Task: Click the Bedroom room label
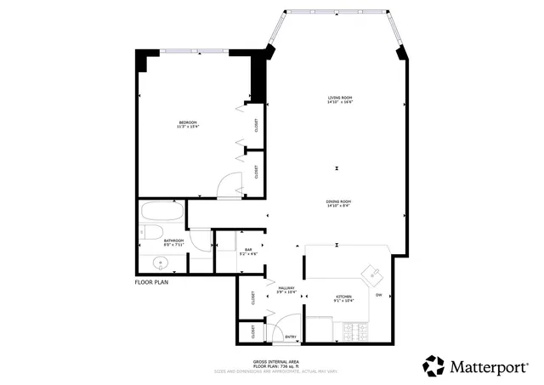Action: click(x=187, y=125)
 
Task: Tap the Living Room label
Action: click(x=339, y=100)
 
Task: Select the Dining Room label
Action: click(x=338, y=203)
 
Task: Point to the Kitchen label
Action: click(x=343, y=297)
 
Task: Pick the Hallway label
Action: click(x=286, y=290)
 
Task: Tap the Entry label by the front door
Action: click(x=291, y=336)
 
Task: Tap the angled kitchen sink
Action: click(x=371, y=273)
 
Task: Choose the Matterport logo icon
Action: click(x=433, y=365)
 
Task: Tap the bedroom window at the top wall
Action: click(x=195, y=50)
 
